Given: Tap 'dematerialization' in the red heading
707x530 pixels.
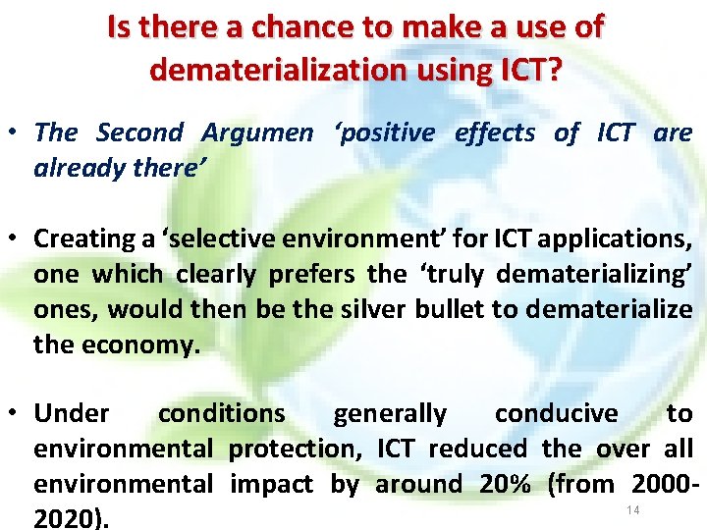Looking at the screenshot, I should click(x=277, y=70).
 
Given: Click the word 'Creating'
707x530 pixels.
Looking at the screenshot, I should click(x=84, y=238).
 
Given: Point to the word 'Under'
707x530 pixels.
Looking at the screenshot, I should click(x=72, y=414).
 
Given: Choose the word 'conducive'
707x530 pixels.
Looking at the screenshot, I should click(x=556, y=414).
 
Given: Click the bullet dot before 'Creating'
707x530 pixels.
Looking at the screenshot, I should click(x=18, y=239).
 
